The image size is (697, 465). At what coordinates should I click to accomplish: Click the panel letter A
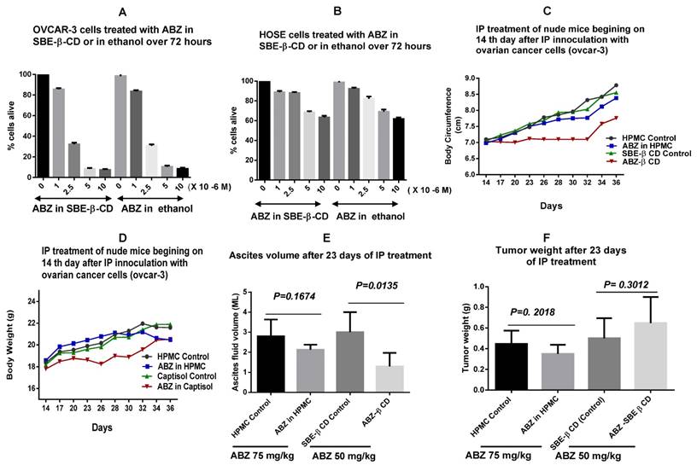124,13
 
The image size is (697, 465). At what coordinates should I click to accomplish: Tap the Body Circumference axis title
449,125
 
